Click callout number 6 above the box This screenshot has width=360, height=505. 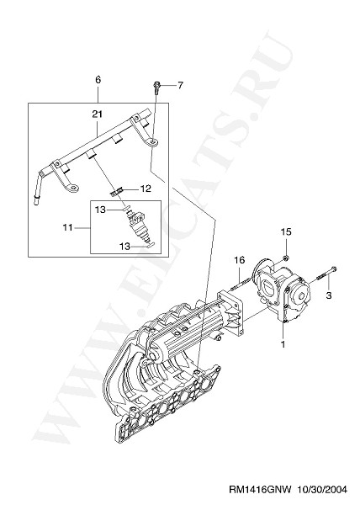point(98,79)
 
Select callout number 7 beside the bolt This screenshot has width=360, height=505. point(180,85)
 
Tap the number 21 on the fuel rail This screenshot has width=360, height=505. point(98,114)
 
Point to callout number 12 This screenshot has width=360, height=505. point(146,189)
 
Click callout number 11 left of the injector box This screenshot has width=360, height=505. point(68,227)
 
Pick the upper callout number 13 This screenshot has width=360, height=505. point(100,210)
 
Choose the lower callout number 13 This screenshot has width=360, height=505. point(124,247)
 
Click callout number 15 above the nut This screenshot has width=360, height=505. point(286,231)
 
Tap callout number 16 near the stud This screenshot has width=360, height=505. point(240,259)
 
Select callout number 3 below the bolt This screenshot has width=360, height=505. point(329,295)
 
